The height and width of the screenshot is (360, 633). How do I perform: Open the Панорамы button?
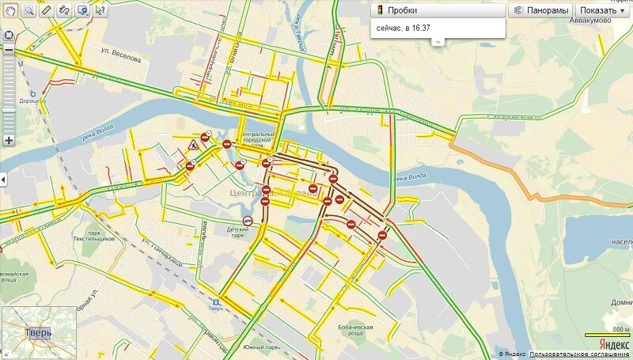(540, 10)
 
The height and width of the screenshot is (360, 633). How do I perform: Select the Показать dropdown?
(602, 10)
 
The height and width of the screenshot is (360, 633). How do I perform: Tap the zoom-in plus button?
(9, 140)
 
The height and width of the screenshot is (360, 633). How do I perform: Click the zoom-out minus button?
(9, 50)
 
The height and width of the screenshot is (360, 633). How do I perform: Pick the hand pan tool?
(10, 10)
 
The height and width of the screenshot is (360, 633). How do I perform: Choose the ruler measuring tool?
(46, 10)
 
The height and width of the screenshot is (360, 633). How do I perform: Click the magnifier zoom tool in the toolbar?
(28, 10)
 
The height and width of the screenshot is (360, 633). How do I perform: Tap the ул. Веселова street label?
(121, 59)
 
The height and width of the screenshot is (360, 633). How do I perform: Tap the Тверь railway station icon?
(214, 301)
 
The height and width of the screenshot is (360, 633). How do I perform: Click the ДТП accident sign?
(247, 222)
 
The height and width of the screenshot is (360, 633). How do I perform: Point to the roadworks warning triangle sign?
(192, 144)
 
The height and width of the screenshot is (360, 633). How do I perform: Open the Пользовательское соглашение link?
(580, 354)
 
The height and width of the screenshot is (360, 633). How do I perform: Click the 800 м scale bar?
(608, 335)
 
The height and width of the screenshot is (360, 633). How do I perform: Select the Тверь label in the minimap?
(38, 332)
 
